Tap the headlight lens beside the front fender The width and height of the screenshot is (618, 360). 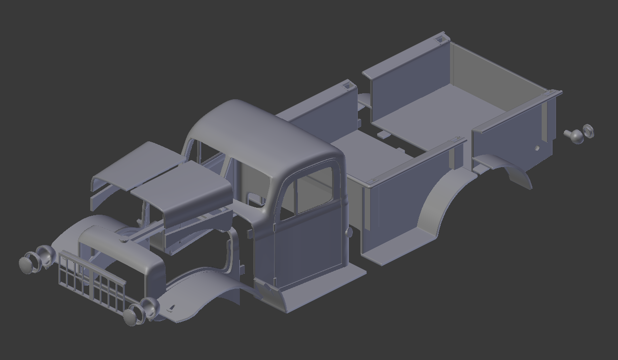pos(131,316)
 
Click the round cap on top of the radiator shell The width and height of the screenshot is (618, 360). pos(123,239)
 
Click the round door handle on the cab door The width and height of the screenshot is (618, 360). pos(349,232)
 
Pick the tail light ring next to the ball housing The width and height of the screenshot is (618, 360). pos(588,131)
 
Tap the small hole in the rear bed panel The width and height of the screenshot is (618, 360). pos(537,148)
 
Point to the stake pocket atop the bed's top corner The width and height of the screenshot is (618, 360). pos(440,36)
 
